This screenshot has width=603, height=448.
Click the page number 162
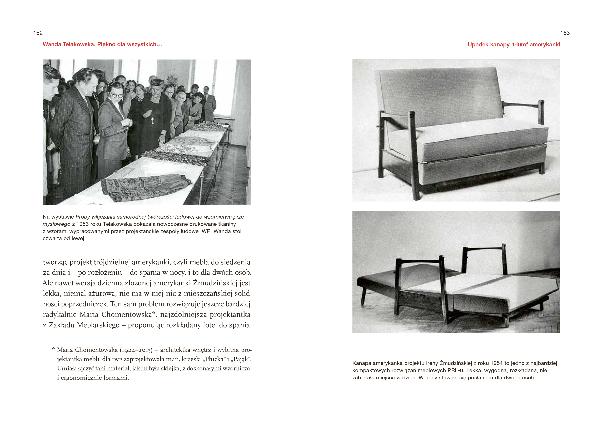tap(38, 33)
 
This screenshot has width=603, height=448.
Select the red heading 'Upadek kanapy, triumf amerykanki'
tap(514, 44)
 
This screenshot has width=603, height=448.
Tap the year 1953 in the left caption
tap(82, 224)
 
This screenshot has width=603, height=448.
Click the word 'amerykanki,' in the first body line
tap(151, 262)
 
